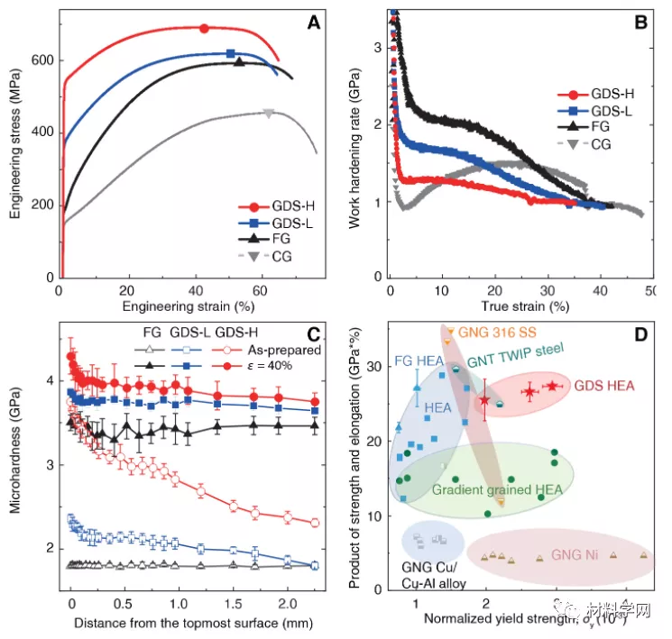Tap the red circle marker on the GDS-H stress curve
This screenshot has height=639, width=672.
204,29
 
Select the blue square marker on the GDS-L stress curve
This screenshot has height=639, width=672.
231,54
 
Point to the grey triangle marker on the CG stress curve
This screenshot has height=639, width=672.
269,113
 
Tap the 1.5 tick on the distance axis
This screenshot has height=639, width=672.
233,599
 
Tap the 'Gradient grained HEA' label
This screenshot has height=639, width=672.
497,490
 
